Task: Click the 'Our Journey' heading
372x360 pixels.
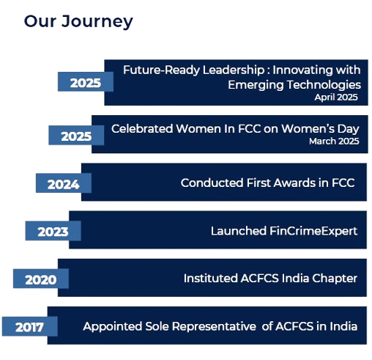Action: [x=78, y=21]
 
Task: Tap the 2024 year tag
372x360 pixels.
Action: [x=64, y=183]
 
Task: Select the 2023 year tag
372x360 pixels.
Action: [x=53, y=231]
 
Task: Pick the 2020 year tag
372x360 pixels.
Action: [x=41, y=279]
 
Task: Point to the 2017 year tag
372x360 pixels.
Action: [x=30, y=326]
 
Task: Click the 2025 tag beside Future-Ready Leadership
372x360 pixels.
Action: [x=86, y=81]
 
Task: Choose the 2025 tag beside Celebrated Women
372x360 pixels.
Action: [x=76, y=135]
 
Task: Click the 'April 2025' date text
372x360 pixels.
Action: [x=336, y=98]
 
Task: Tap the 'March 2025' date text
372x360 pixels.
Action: [x=334, y=142]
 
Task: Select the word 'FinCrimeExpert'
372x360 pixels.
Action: [x=313, y=231]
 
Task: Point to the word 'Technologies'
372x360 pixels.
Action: [x=324, y=85]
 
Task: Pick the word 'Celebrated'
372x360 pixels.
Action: [x=142, y=128]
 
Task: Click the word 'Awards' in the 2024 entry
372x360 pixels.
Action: [x=294, y=183]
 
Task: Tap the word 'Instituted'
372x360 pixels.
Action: [x=210, y=279]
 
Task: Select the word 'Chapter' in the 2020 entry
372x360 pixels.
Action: [x=335, y=279]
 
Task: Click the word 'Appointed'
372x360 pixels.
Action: [x=113, y=326]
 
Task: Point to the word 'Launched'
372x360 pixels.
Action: [x=239, y=231]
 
